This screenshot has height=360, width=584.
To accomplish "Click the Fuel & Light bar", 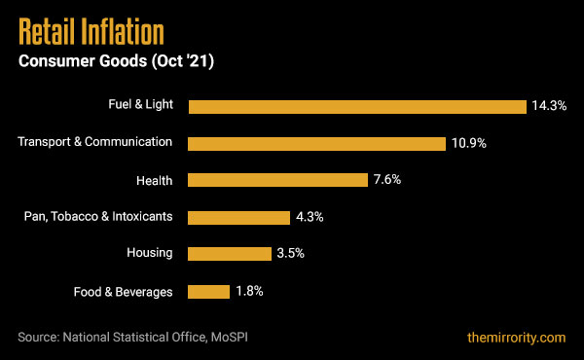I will click(357, 106).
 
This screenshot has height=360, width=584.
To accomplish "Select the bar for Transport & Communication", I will click(316, 143).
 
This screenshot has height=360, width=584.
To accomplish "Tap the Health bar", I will click(276, 180).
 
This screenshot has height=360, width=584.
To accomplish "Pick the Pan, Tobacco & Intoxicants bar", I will click(238, 217).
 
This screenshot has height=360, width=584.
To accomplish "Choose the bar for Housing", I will click(229, 254).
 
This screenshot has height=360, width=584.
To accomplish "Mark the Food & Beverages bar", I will click(208, 291).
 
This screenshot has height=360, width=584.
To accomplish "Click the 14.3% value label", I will click(550, 106).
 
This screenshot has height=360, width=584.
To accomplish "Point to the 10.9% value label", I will click(468, 143).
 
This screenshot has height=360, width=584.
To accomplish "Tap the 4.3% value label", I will click(310, 217).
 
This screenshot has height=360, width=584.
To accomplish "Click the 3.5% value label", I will click(291, 254).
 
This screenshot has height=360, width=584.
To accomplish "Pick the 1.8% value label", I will click(248, 291).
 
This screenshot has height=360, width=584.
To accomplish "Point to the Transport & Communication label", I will click(95, 142).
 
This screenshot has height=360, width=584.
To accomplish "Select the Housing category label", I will click(149, 253).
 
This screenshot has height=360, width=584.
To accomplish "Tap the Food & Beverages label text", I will click(124, 291).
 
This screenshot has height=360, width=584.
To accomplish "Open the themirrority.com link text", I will click(516, 338).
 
